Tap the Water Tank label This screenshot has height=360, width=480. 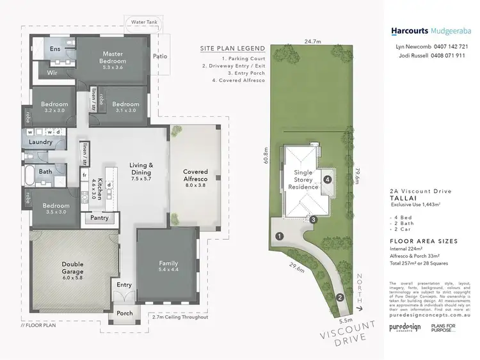point(144,22)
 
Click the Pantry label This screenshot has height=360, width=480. point(99,218)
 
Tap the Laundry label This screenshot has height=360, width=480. point(40,142)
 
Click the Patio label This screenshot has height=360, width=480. point(160,56)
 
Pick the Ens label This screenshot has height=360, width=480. point(55,49)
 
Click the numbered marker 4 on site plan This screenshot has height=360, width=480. point(328,180)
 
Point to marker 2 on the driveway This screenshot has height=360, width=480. point(340,296)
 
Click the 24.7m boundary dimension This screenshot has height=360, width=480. point(312,41)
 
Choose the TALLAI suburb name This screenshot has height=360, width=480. point(401,198)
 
